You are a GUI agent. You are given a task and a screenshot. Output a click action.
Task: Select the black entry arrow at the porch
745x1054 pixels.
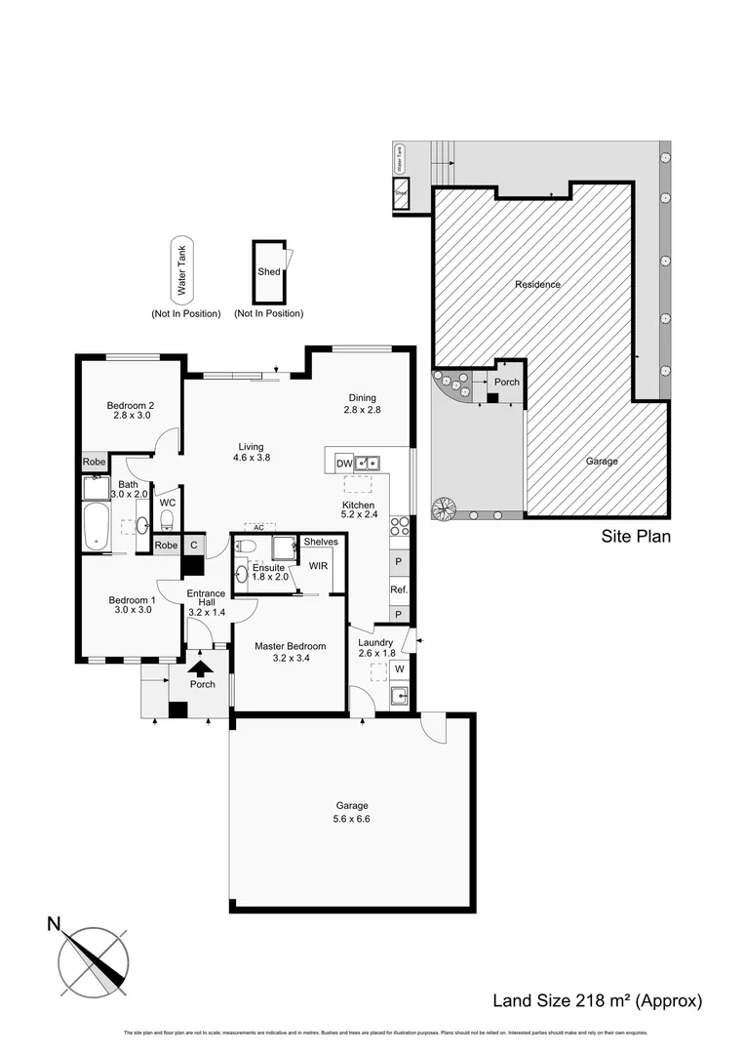(201, 669)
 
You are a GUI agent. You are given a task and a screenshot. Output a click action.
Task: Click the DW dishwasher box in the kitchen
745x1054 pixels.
(343, 463)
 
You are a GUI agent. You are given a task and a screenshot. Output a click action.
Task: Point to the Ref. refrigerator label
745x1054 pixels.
(398, 590)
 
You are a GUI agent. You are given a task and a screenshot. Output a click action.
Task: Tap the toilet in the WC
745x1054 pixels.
(167, 518)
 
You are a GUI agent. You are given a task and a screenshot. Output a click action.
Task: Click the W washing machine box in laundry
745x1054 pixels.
(399, 669)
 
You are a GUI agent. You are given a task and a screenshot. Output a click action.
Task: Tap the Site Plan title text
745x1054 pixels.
(635, 536)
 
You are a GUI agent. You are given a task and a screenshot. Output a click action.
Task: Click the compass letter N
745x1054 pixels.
(56, 922)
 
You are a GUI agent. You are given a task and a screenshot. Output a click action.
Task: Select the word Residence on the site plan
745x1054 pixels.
(537, 285)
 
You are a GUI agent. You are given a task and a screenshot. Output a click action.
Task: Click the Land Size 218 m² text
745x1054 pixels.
(597, 1000)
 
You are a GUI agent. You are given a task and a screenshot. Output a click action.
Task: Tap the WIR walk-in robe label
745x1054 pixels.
(318, 565)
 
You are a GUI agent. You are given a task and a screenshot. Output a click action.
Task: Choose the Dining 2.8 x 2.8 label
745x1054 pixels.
(362, 403)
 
